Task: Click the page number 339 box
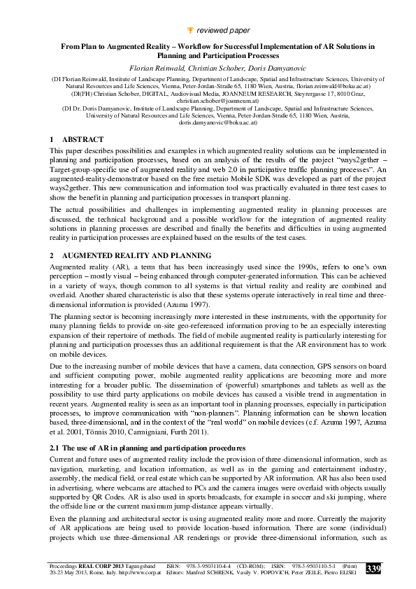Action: tap(373, 569)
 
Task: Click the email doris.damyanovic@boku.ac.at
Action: tap(209, 122)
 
